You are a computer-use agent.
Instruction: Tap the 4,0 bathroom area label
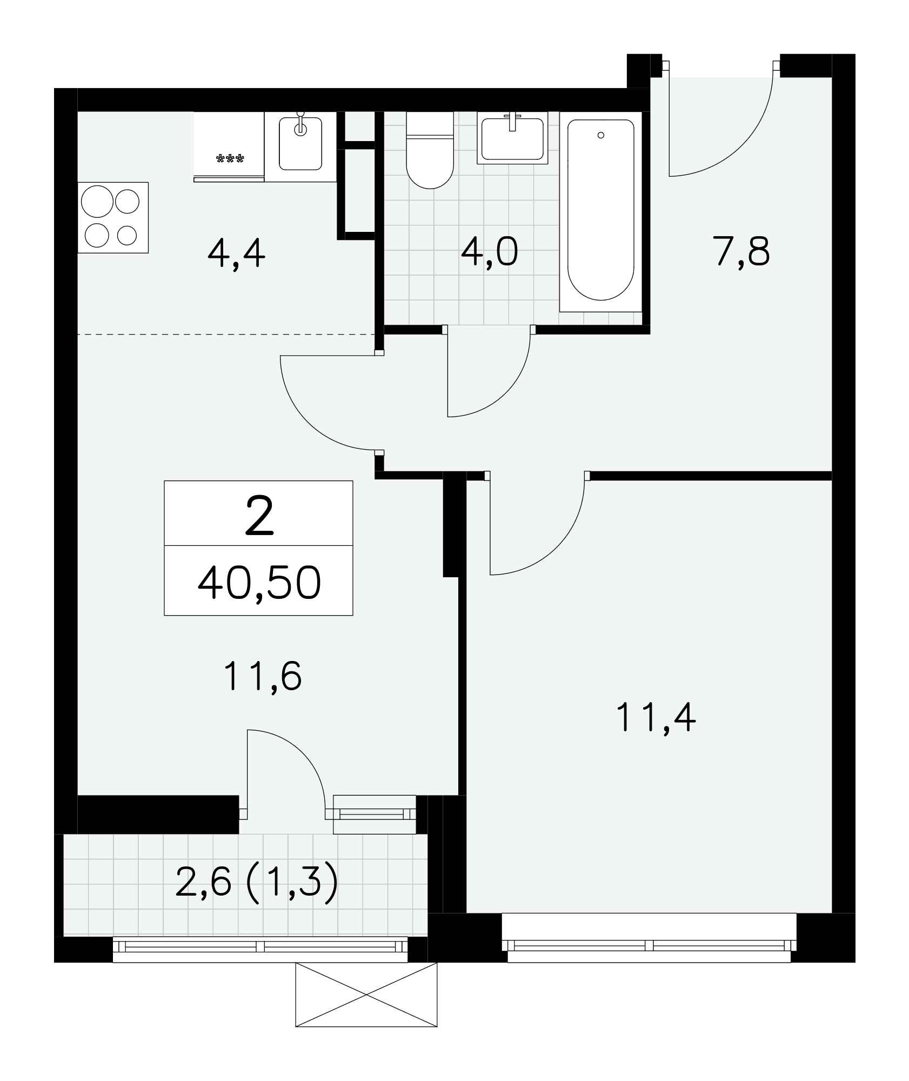(x=489, y=252)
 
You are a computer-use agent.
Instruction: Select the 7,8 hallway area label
(x=742, y=252)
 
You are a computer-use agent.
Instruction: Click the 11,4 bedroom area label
(x=656, y=718)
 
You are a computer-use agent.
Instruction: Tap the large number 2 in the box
(x=259, y=517)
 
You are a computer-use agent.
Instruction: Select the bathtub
(x=600, y=211)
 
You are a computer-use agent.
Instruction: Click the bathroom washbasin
(x=512, y=138)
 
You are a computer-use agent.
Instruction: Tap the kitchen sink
(x=300, y=143)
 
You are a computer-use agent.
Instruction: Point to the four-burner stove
(x=113, y=217)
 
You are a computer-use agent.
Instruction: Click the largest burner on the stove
(x=97, y=202)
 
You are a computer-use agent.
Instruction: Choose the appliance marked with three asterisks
(x=229, y=146)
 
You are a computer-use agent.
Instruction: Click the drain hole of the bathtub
(x=600, y=136)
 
